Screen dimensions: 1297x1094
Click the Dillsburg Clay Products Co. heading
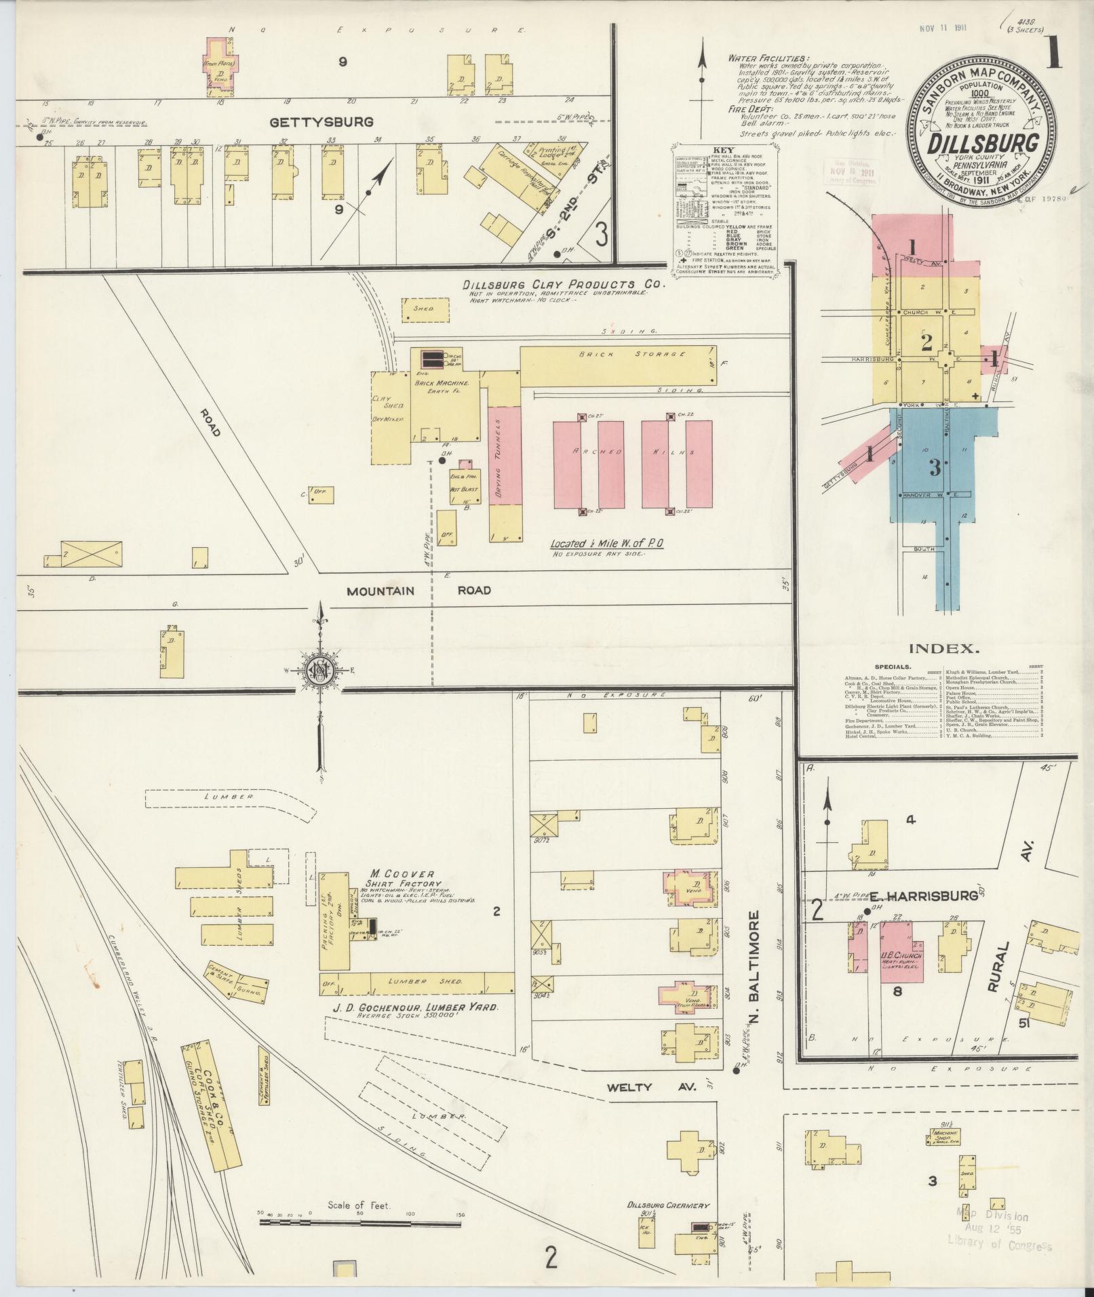[x=563, y=284]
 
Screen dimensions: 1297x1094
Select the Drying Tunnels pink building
[x=505, y=455]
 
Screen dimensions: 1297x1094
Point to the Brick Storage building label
[x=613, y=354]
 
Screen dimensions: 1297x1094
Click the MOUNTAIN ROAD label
[x=418, y=590]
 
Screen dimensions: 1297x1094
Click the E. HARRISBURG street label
[x=933, y=896]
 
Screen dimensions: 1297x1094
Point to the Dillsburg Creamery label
[x=667, y=1205]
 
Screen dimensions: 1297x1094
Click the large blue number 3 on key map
[x=936, y=467]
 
